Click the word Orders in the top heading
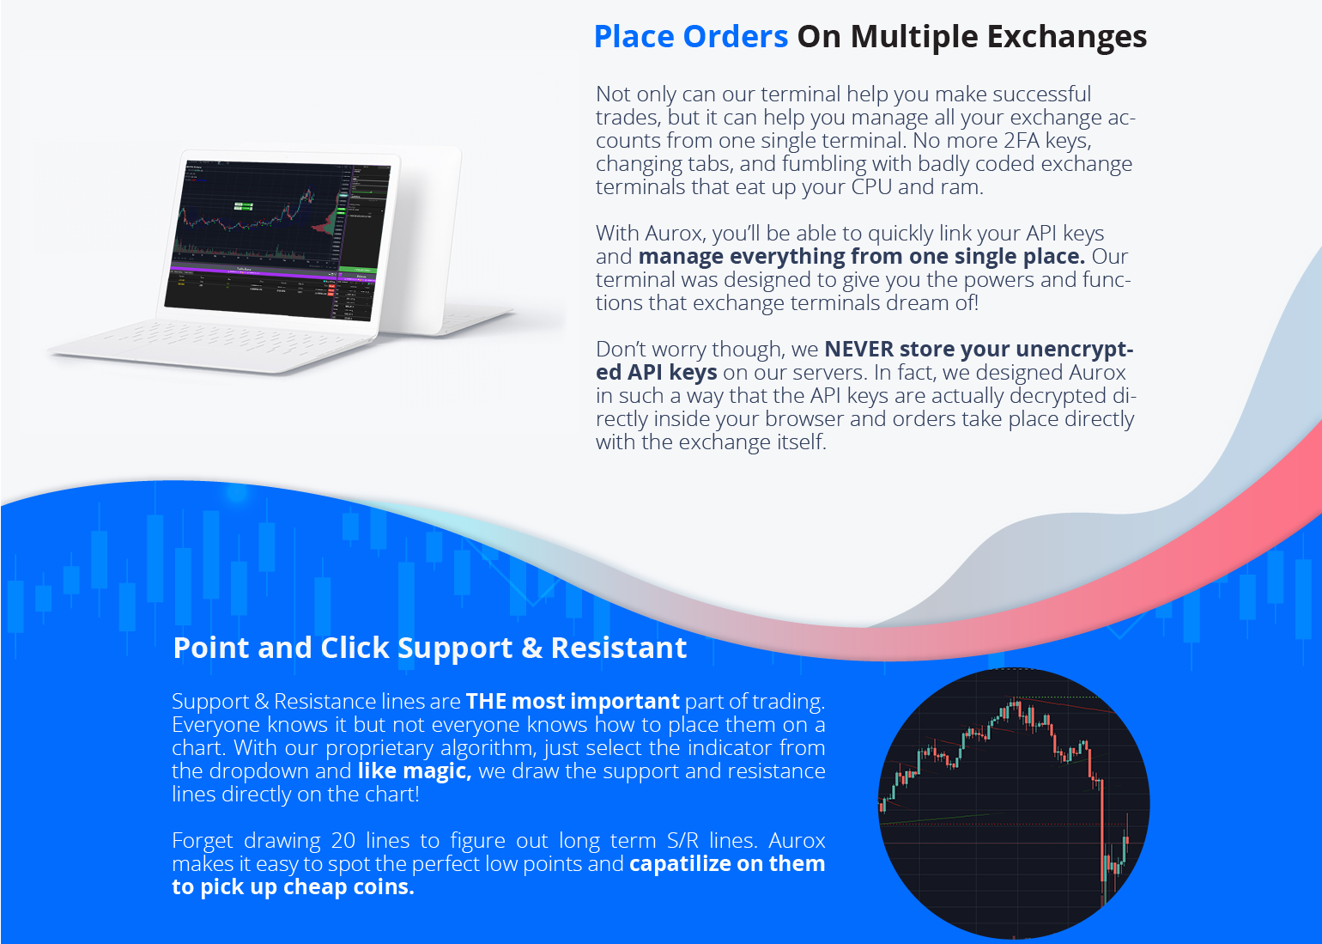(x=735, y=37)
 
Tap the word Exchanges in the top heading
(x=1066, y=37)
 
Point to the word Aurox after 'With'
(x=675, y=233)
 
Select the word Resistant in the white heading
(x=618, y=648)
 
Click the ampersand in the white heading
(x=531, y=648)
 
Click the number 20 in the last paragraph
(x=343, y=840)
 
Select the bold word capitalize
(x=681, y=864)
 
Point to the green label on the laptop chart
(x=244, y=206)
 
